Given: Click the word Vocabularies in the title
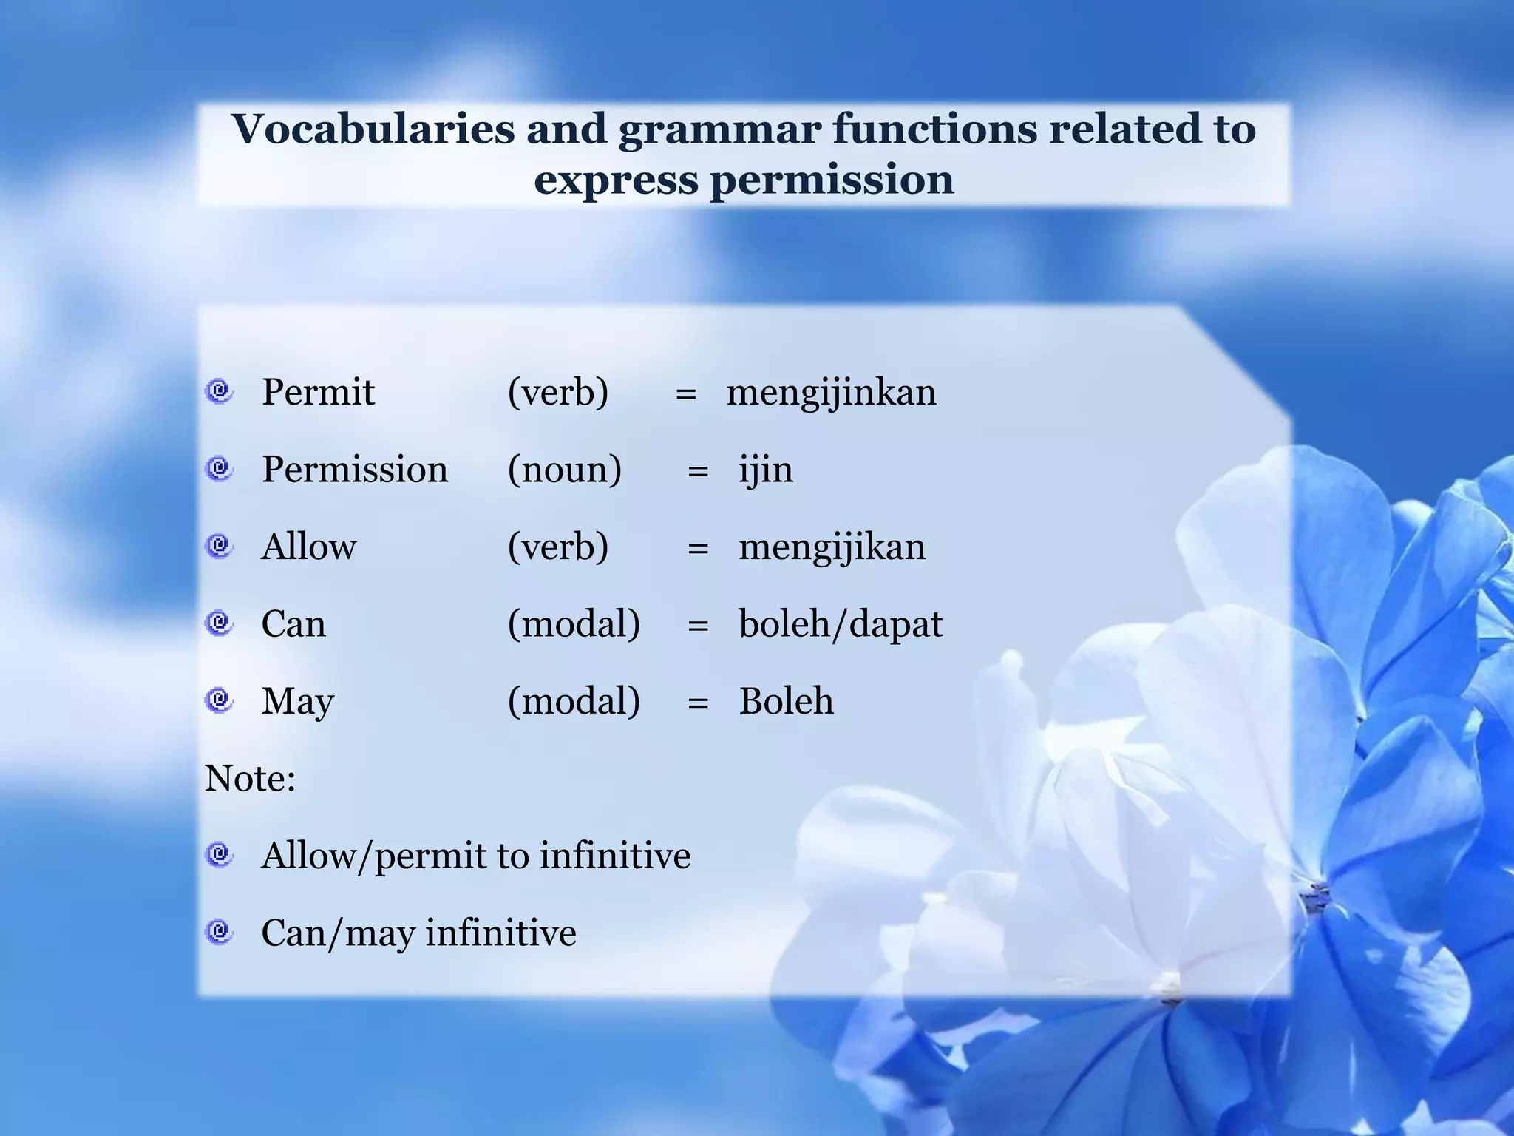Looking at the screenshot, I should (373, 130).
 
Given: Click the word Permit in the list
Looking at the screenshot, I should (318, 392).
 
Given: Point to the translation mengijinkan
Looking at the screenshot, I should (831, 393).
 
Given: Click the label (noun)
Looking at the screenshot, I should (564, 470).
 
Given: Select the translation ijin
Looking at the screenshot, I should (766, 470).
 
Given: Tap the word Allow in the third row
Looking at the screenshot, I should (309, 547).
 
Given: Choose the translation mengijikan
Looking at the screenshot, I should (832, 548).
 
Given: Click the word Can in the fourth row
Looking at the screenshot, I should (293, 624).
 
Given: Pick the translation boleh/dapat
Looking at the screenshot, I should (841, 625).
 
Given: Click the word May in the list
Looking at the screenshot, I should (297, 702).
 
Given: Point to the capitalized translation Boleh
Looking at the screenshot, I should (786, 701).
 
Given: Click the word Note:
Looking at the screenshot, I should (250, 779).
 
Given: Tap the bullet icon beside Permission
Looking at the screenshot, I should (219, 468).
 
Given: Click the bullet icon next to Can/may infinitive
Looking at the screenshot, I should (219, 931).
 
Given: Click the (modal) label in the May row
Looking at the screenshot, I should (574, 701).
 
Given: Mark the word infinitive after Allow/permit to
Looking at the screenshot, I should (614, 856).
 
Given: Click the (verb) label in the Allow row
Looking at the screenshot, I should (558, 547).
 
